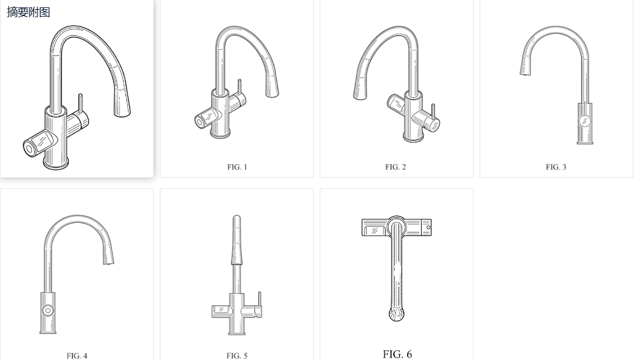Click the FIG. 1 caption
point(237,167)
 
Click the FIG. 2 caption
point(395,167)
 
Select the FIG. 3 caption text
point(556,167)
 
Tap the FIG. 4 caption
point(77,356)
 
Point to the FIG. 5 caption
point(237,356)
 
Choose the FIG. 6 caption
point(397,354)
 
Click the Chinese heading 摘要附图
point(28,12)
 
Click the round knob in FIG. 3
point(585,121)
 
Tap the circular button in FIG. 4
point(48,310)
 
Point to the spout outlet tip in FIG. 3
point(524,73)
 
